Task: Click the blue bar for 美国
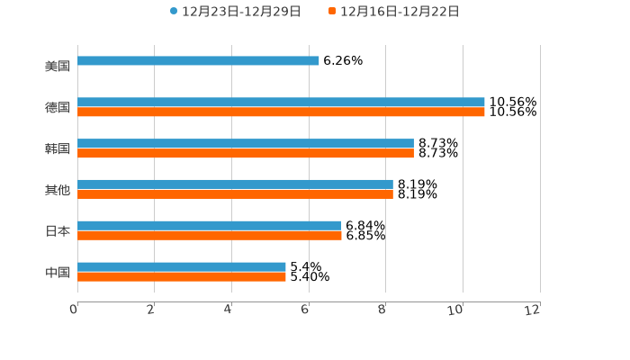tap(198, 61)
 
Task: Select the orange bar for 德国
tap(281, 112)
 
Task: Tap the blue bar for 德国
tap(281, 103)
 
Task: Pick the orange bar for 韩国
tap(246, 154)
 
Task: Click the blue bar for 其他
tap(235, 184)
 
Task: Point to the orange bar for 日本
tap(210, 236)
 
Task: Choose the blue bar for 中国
tap(182, 266)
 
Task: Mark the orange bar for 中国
tap(182, 277)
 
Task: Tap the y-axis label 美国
tap(58, 67)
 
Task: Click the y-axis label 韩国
tap(58, 148)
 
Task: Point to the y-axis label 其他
tap(58, 190)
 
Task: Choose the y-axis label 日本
tap(58, 231)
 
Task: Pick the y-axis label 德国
tap(58, 108)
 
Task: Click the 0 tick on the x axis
tap(74, 310)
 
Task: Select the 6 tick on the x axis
tap(305, 310)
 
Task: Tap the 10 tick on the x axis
tap(456, 310)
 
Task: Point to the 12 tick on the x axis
tap(534, 310)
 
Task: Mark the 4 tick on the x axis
tap(229, 310)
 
